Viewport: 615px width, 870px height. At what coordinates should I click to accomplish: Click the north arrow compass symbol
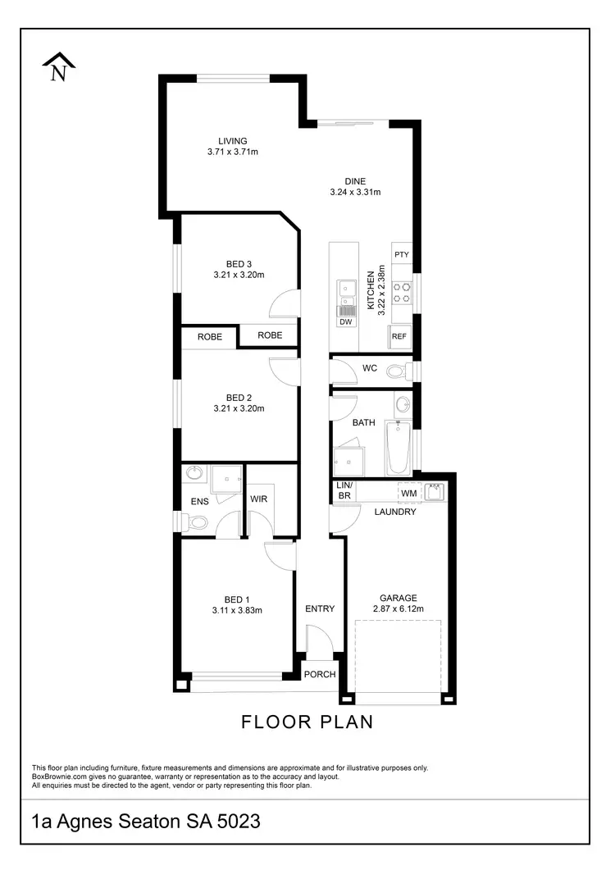click(x=58, y=67)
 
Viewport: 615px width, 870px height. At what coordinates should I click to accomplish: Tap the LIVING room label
click(x=232, y=141)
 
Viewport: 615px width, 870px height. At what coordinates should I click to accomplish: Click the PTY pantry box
click(x=401, y=255)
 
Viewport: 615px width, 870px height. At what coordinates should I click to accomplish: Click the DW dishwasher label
click(x=346, y=322)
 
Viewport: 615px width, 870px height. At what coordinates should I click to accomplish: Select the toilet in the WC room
click(x=396, y=371)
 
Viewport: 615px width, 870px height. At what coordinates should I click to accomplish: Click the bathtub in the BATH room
click(x=397, y=448)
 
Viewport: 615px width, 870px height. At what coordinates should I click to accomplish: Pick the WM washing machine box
click(x=408, y=493)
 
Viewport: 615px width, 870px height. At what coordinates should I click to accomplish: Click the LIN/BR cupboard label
click(x=344, y=491)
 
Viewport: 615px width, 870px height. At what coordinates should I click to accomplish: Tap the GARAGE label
click(x=398, y=598)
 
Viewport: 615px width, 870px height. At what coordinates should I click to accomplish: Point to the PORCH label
click(x=320, y=675)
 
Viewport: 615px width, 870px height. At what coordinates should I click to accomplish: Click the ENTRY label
click(x=320, y=608)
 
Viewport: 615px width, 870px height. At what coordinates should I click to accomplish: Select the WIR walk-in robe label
click(x=259, y=499)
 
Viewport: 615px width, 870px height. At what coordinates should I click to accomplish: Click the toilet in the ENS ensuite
click(x=197, y=522)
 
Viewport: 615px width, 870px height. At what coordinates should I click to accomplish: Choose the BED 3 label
click(x=239, y=263)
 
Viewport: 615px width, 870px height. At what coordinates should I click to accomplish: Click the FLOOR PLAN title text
click(x=307, y=722)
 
